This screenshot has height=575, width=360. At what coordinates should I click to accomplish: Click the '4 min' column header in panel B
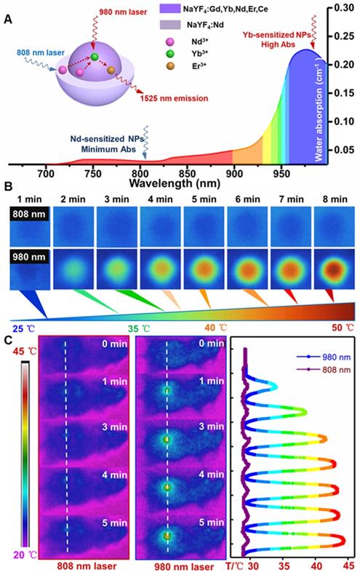coord(159,198)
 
